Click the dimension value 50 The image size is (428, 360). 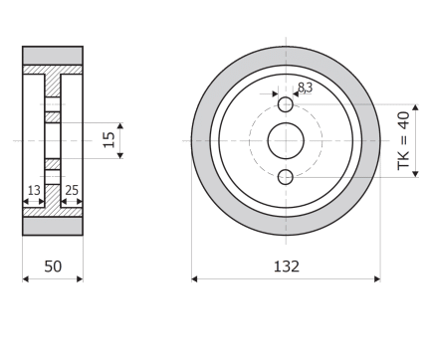coord(53,267)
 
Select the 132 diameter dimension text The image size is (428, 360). coord(287,267)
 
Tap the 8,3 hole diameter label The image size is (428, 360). coord(305,88)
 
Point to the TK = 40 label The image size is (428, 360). coord(404,140)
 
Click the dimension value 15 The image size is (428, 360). coord(109,140)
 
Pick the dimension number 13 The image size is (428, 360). coord(34,190)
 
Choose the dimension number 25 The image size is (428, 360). coord(72,190)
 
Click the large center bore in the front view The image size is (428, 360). coord(286,141)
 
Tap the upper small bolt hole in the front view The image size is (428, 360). coord(286,104)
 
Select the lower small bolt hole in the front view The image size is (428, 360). coord(286,177)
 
